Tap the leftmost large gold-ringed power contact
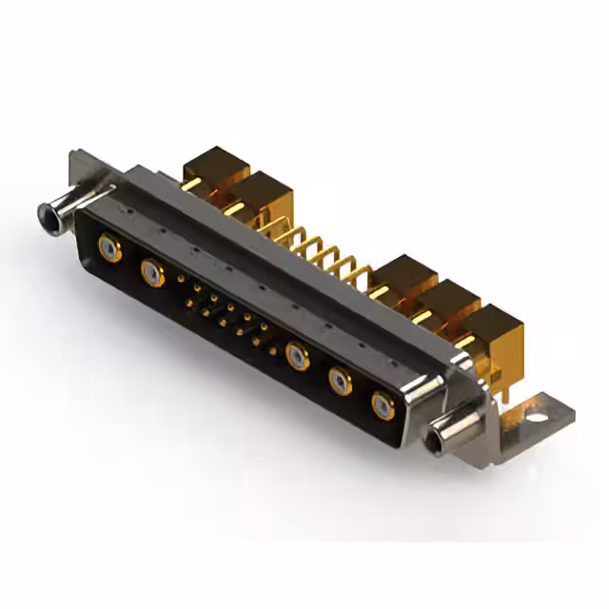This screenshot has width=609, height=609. [110, 250]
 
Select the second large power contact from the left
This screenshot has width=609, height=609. [150, 274]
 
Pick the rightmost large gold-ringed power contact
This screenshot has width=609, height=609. [383, 404]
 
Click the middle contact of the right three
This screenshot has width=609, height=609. [341, 382]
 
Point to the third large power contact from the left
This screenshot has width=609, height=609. [297, 357]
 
